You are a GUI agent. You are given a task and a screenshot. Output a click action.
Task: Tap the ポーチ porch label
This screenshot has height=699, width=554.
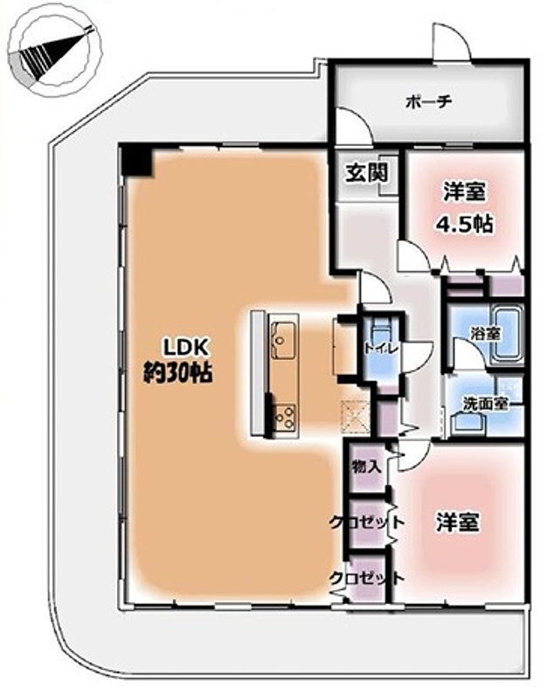pos(428,102)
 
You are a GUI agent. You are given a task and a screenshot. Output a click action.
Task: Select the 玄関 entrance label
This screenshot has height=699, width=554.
pos(367,172)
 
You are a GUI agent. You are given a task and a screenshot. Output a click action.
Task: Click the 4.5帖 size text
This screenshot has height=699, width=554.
pos(463,225)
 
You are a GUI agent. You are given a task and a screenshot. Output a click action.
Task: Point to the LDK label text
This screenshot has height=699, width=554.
pos(186,347)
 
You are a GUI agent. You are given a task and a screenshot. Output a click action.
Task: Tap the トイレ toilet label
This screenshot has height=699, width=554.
pos(380,349)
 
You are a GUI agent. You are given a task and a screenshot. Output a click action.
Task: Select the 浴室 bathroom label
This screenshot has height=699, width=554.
pos(485,333)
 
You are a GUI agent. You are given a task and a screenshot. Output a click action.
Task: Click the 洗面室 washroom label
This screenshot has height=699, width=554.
pos(484,404)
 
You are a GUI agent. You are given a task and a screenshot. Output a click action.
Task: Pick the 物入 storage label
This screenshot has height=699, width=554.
pos(366,467)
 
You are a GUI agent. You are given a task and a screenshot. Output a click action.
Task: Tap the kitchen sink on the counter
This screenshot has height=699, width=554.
pos(281,340)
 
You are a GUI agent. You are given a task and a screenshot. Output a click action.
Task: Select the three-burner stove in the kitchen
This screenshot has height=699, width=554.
pos(283,417)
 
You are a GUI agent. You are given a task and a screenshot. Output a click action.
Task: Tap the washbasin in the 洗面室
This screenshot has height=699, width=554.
pos(467,425)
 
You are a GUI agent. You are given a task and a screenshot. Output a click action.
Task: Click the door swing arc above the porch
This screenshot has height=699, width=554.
pos(451,42)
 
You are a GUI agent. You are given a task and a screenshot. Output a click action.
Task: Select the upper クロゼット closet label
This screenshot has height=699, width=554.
pos(366,522)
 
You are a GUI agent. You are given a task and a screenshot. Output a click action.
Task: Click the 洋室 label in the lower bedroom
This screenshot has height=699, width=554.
pos(458,522)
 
